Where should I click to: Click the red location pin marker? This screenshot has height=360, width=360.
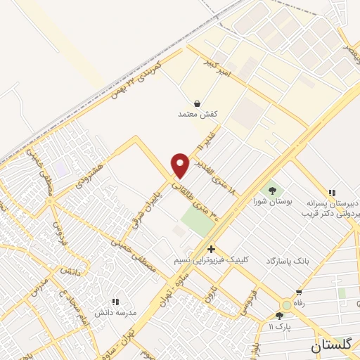[181, 165]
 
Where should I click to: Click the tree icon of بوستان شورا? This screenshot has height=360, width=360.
[271, 190]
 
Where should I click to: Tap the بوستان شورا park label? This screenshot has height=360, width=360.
[271, 202]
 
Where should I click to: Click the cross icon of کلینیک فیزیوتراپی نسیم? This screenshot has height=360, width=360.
[211, 249]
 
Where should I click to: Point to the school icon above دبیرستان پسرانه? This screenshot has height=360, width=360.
[331, 193]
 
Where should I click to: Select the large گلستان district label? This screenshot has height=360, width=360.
[335, 346]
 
